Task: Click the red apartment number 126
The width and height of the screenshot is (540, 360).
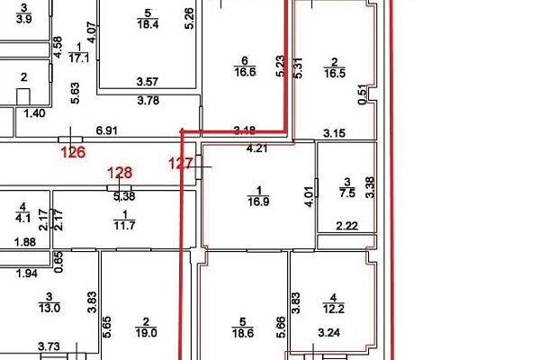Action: [73, 152]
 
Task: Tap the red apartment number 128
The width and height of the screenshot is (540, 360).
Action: [120, 173]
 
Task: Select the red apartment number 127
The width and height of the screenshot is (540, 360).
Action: [181, 163]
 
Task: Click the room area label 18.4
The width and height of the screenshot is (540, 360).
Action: [148, 24]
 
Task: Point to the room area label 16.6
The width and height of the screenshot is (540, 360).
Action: [245, 72]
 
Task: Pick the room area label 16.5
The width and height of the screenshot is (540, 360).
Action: [335, 73]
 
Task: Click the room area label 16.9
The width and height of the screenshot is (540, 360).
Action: [258, 202]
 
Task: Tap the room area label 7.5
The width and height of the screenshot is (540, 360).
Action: [347, 193]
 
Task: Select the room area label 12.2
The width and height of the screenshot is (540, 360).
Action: [333, 309]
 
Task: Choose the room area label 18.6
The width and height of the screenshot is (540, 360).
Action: [243, 333]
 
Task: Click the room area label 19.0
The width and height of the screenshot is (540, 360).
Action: [146, 333]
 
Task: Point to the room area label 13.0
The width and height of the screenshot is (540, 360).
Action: [49, 308]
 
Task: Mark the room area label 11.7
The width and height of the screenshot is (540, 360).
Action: [124, 226]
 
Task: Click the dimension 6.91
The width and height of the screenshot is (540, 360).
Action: [107, 130]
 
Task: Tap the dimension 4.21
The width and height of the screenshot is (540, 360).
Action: [257, 148]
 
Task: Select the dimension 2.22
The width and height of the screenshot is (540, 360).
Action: [347, 226]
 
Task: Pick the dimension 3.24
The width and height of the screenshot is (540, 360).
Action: [329, 332]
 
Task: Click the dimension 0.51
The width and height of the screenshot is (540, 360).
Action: [363, 94]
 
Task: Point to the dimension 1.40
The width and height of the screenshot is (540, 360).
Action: [34, 113]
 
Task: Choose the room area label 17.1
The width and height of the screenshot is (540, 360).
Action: [79, 58]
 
